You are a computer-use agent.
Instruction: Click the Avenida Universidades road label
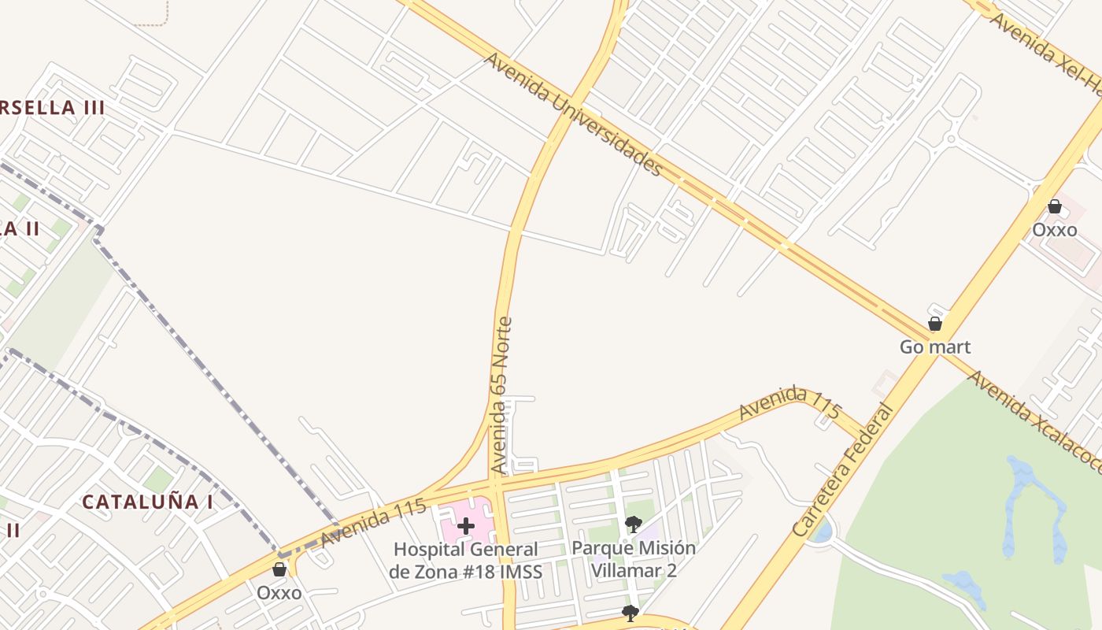(x=574, y=114)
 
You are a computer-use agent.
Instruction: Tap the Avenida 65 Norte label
(x=501, y=395)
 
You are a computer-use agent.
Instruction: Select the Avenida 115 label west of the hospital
(x=373, y=523)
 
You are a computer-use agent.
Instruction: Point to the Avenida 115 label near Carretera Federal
(x=790, y=402)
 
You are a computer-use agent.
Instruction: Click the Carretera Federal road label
(x=843, y=470)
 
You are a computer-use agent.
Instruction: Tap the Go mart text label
(x=935, y=346)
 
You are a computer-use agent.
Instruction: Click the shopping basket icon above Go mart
(x=935, y=324)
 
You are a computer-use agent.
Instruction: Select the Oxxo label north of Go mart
(x=1055, y=230)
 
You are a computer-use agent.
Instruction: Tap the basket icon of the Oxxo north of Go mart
(x=1055, y=207)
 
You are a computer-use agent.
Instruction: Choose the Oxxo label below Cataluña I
(x=279, y=592)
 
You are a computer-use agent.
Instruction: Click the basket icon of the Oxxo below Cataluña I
(x=279, y=569)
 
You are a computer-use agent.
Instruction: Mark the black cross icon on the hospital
(x=466, y=526)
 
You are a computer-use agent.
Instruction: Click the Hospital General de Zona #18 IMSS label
(x=466, y=560)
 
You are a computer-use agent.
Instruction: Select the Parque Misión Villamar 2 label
(x=634, y=558)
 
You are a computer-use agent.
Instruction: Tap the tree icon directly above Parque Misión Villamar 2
(x=634, y=524)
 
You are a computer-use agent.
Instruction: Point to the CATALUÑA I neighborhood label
(x=147, y=502)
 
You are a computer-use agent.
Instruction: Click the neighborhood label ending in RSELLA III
(x=52, y=108)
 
